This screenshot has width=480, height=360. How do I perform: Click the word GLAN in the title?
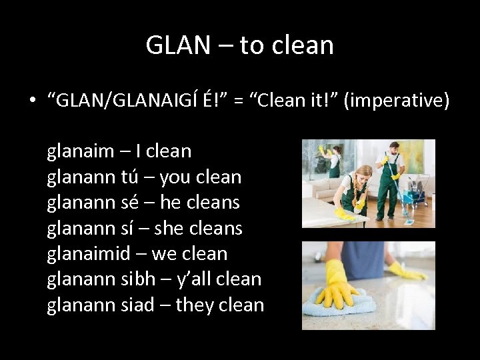click(175, 45)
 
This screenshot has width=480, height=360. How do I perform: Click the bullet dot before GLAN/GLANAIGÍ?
click(31, 101)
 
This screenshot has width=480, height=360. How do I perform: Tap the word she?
click(173, 228)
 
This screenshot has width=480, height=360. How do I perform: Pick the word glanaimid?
click(89, 253)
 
